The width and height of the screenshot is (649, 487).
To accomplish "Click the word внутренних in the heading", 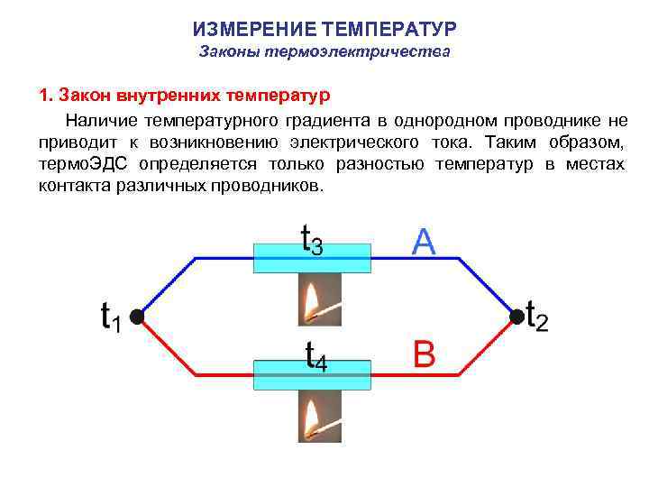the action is [168, 95].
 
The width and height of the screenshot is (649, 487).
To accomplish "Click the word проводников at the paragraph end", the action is [270, 187].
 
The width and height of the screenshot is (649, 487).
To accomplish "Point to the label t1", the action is [110, 317].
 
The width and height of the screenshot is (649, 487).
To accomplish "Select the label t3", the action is [312, 239].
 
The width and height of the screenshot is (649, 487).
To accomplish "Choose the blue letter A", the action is [424, 241].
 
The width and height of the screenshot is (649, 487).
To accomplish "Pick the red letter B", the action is [424, 354].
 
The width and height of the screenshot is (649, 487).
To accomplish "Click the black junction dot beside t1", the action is [135, 317].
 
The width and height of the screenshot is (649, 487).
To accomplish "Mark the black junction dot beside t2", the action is [516, 317].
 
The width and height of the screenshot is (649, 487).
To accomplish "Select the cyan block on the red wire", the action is [312, 374].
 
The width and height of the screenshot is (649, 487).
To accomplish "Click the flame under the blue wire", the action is [312, 299].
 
